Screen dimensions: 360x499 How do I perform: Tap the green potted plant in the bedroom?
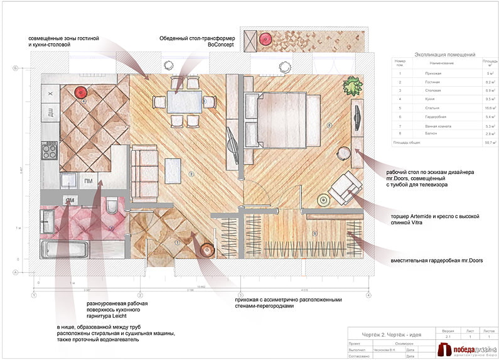click(x=353, y=84)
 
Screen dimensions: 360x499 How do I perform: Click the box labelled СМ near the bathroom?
click(x=68, y=200)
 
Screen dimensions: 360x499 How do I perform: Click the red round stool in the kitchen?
click(x=80, y=92)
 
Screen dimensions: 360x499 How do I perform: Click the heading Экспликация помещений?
click(x=445, y=55)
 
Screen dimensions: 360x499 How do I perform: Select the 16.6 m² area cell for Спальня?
click(x=487, y=108)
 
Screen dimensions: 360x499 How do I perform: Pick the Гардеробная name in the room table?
click(x=432, y=117)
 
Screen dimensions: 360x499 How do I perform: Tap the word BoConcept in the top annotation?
click(x=220, y=45)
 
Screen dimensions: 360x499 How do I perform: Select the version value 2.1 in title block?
click(x=447, y=337)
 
